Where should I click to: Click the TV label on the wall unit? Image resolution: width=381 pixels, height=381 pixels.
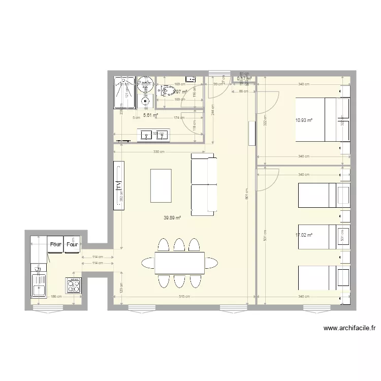118,186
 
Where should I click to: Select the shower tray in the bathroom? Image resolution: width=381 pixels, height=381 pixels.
124,92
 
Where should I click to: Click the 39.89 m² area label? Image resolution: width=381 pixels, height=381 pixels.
172,218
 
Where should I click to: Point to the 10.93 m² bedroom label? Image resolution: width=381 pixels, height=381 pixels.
303,120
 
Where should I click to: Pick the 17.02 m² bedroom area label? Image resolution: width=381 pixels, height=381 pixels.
303,235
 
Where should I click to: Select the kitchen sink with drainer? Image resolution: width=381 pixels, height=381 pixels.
39,285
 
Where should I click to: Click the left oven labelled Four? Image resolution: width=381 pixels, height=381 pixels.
55,244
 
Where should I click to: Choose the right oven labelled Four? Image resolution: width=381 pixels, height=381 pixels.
72,244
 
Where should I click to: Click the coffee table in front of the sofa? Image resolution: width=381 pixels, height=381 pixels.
162,185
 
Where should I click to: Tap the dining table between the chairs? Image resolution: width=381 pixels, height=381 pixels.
179,263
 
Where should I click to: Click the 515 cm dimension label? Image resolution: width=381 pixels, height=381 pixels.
184,297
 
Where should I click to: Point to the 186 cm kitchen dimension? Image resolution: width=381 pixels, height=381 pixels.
56,297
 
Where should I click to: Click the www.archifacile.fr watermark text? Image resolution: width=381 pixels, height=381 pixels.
350,329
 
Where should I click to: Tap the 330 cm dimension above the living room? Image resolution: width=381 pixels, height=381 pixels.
160,152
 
